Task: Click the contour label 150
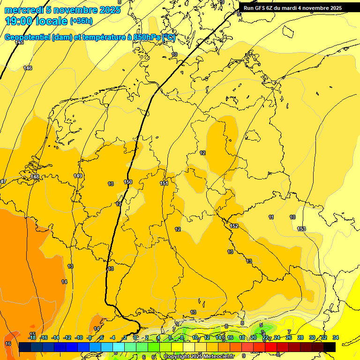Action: pos(128,182)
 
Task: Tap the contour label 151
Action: pos(164,183)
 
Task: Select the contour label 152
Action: pos(234,226)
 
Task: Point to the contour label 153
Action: pos(301,229)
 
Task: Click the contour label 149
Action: pos(78,176)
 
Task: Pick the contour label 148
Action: pos(35,177)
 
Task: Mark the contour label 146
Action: pos(28,68)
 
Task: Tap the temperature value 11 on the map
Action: pos(271,217)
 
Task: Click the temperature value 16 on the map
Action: pos(8,344)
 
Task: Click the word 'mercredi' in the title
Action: pos(24,10)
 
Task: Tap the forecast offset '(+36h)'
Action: pos(81,21)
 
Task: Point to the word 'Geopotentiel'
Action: pos(28,37)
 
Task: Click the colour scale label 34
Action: pos(335,337)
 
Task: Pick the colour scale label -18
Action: pos(32,337)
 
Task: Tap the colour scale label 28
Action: pos(300,337)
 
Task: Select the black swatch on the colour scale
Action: pos(330,347)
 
